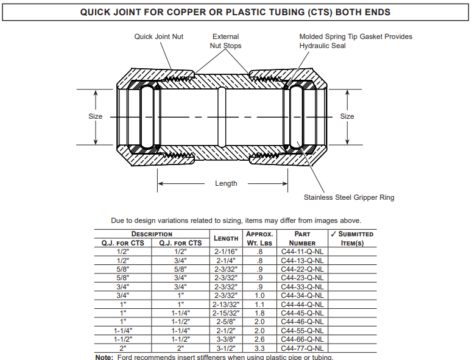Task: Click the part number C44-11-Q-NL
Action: [302, 252]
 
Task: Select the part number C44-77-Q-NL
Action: [302, 348]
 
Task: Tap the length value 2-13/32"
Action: [226, 304]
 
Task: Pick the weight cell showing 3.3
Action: [259, 348]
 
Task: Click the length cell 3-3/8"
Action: [226, 339]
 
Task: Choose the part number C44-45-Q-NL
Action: [302, 313]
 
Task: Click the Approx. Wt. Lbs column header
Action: [259, 239]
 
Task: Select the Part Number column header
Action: [302, 239]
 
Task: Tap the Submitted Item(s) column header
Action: [352, 239]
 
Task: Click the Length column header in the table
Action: [226, 239]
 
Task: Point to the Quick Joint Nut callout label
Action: [159, 37]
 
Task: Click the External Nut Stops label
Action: [226, 41]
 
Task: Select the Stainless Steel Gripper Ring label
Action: [349, 197]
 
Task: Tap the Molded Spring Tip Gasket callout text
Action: [356, 41]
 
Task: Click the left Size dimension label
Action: [96, 116]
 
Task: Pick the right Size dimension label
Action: [347, 116]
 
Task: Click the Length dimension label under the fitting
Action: [226, 183]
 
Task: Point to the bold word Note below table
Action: [104, 358]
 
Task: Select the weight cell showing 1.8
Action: [259, 313]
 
